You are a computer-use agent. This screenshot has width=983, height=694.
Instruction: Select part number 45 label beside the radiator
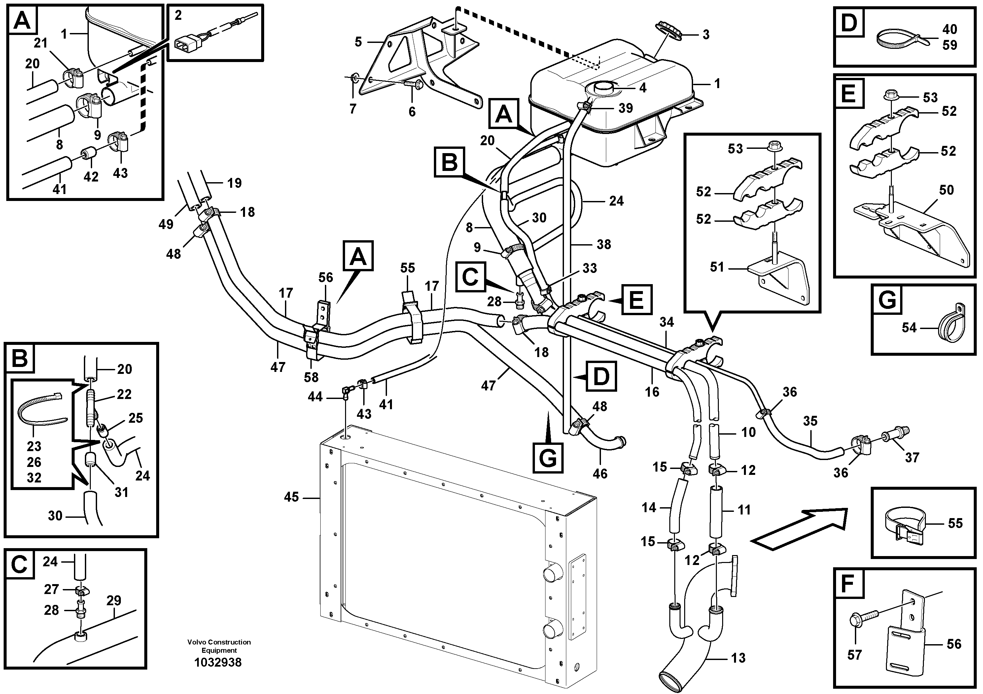point(291,497)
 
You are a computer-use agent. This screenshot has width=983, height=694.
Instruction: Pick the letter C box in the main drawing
point(470,277)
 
